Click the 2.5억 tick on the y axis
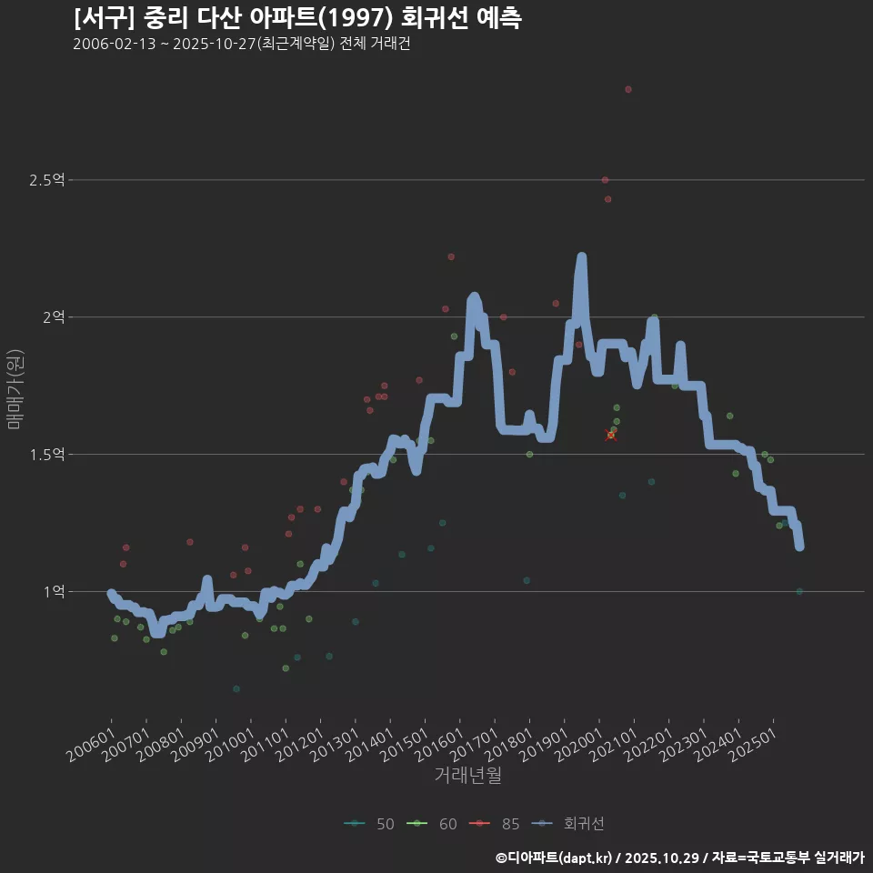click(x=46, y=180)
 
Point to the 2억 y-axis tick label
click(x=53, y=317)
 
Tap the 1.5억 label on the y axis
click(x=46, y=454)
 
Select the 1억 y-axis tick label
click(x=53, y=591)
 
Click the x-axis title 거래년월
click(x=467, y=775)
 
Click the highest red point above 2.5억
click(x=628, y=89)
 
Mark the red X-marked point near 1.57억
click(x=610, y=435)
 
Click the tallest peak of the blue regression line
click(x=581, y=258)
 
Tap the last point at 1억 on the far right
click(x=799, y=591)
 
